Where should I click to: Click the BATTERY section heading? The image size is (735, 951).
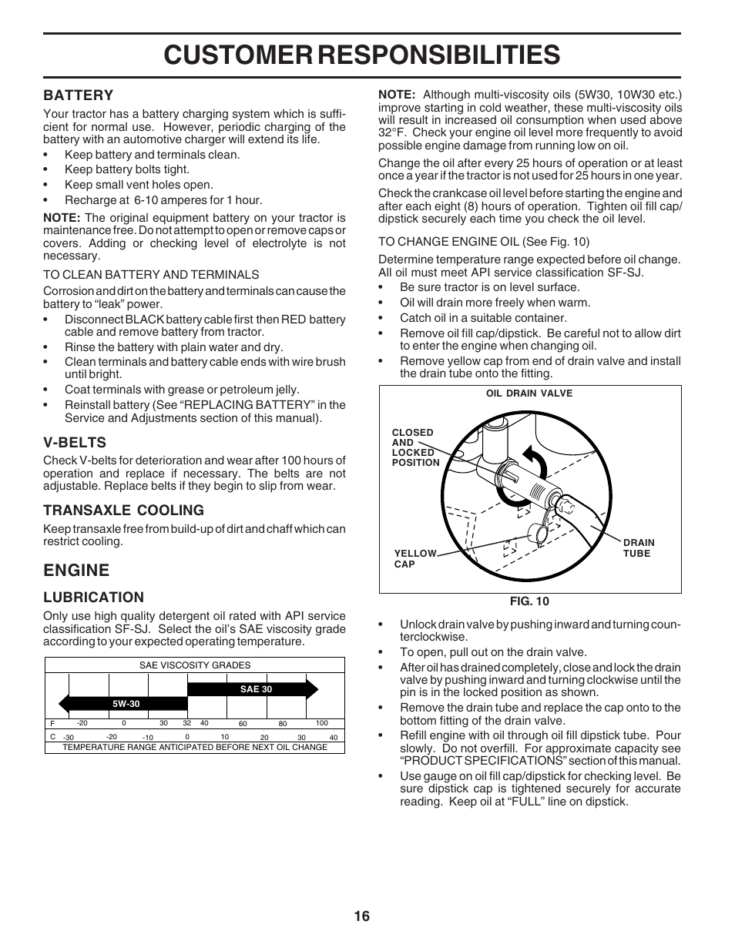(x=78, y=95)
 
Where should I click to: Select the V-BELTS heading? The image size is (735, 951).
(x=75, y=442)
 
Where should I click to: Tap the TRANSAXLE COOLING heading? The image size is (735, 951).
(x=123, y=510)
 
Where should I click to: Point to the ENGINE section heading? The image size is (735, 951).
(x=76, y=570)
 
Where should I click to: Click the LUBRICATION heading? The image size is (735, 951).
(x=93, y=597)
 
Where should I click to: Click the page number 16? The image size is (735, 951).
(x=362, y=916)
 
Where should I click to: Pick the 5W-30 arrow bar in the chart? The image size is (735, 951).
(x=123, y=703)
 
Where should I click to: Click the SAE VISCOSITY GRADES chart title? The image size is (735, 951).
(x=194, y=665)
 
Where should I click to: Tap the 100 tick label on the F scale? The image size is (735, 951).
(x=322, y=723)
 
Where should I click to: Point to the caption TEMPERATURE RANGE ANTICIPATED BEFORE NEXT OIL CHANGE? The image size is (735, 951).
(x=194, y=747)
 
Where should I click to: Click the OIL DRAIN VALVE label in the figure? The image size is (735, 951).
(x=529, y=393)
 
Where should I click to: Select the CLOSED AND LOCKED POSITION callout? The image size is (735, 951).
(x=415, y=447)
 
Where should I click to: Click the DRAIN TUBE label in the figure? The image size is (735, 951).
(x=638, y=548)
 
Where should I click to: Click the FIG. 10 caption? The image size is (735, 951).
(x=529, y=601)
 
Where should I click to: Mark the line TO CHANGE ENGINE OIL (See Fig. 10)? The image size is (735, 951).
(x=483, y=242)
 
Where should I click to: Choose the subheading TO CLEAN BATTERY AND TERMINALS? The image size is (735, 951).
(x=151, y=274)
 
